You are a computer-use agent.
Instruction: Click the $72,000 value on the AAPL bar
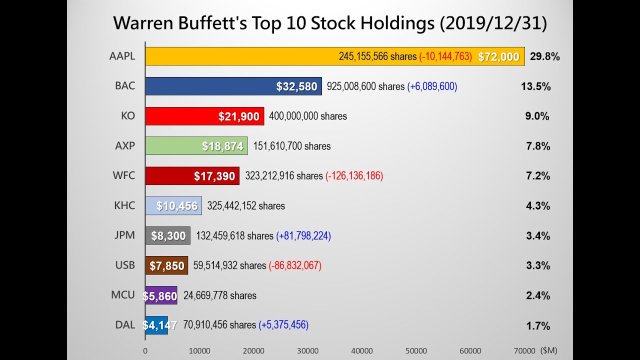coord(498,57)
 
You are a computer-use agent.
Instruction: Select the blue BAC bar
coord(210,86)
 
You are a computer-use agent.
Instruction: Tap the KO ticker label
coord(128,116)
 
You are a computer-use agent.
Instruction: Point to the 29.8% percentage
coord(544,56)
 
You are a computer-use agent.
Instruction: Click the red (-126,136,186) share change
coord(354,176)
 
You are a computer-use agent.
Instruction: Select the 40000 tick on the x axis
coord(362,351)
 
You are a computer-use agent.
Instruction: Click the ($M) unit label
coord(548,350)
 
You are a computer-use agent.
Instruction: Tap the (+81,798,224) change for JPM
coord(303,235)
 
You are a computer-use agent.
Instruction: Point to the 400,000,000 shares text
coord(307,116)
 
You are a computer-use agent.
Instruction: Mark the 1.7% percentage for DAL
coord(538,326)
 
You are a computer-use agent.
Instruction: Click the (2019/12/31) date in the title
coord(493,23)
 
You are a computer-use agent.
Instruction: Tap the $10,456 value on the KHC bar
coord(177,206)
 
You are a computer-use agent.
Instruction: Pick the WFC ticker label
coord(123,176)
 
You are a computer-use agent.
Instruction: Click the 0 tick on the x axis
coord(145,351)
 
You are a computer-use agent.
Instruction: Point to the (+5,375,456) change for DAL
coord(283,325)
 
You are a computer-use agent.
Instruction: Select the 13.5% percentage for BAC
coord(535,86)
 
